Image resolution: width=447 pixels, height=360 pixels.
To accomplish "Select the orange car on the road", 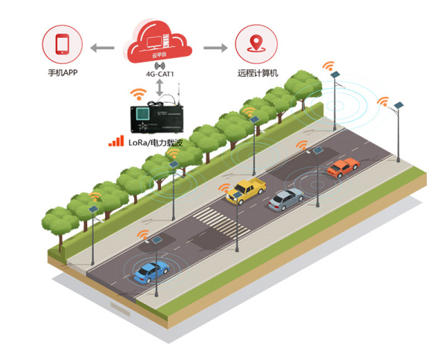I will click(342, 168).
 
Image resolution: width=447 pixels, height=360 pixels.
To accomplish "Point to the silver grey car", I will click(286, 198).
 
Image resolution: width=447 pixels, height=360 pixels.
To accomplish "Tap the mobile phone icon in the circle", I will click(61, 45).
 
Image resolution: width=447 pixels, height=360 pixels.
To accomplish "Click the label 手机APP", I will click(61, 74).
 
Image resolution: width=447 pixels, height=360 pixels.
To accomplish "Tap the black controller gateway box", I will click(159, 115).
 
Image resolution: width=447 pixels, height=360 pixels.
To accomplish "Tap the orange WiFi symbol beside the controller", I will click(138, 95).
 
